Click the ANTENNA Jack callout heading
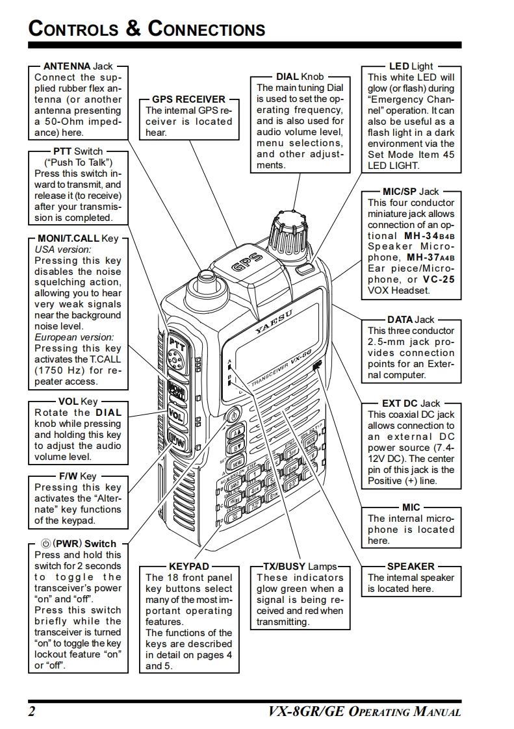tap(78, 66)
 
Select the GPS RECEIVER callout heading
tap(189, 99)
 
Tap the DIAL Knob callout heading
tap(300, 77)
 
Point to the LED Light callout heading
tap(411, 66)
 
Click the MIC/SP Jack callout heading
tap(411, 192)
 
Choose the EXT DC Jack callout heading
tap(411, 403)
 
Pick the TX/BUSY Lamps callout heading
tap(300, 567)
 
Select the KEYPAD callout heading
tap(189, 567)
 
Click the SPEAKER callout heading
tap(411, 567)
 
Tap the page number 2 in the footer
tap(32, 711)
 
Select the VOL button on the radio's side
tap(176, 414)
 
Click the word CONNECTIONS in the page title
tap(207, 29)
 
